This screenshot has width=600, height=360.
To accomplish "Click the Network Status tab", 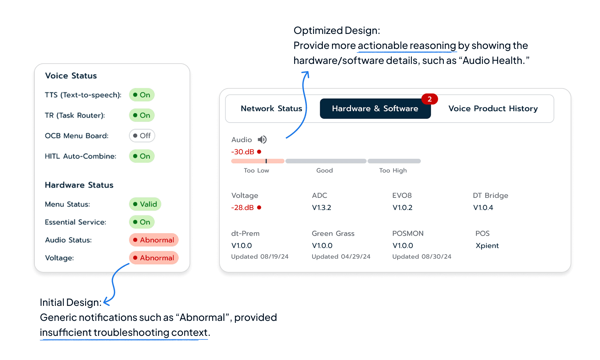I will pyautogui.click(x=271, y=109).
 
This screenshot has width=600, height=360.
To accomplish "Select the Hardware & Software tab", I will pyautogui.click(x=375, y=109).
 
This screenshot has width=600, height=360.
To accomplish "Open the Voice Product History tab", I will pyautogui.click(x=493, y=109).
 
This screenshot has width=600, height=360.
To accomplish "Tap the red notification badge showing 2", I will pyautogui.click(x=429, y=99).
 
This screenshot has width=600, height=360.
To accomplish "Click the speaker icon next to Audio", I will pyautogui.click(x=262, y=140).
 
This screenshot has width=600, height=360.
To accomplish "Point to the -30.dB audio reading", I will pyautogui.click(x=243, y=152).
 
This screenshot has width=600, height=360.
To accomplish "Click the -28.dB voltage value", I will pyautogui.click(x=243, y=208).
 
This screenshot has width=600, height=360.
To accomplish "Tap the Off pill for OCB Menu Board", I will pyautogui.click(x=142, y=136).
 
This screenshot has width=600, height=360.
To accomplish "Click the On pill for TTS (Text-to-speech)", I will pyautogui.click(x=142, y=95).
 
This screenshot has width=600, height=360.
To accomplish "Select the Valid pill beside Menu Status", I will pyautogui.click(x=145, y=204).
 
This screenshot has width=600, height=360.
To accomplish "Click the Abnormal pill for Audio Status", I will pyautogui.click(x=154, y=240).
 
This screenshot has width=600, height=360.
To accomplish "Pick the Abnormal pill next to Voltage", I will pyautogui.click(x=154, y=258).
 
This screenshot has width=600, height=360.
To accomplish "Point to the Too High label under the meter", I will pyautogui.click(x=393, y=171).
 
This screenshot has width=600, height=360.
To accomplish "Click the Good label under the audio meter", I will pyautogui.click(x=324, y=171).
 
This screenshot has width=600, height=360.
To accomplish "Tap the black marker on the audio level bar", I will pyautogui.click(x=266, y=161).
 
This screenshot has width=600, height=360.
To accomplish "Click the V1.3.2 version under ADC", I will pyautogui.click(x=322, y=208).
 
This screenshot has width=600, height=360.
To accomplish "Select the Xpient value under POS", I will pyautogui.click(x=487, y=246).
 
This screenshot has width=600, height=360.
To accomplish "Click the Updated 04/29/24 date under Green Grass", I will pyautogui.click(x=341, y=257).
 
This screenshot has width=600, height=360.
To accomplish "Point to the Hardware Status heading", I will pyautogui.click(x=79, y=185).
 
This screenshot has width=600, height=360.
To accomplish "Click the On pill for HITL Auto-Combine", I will pyautogui.click(x=142, y=156).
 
